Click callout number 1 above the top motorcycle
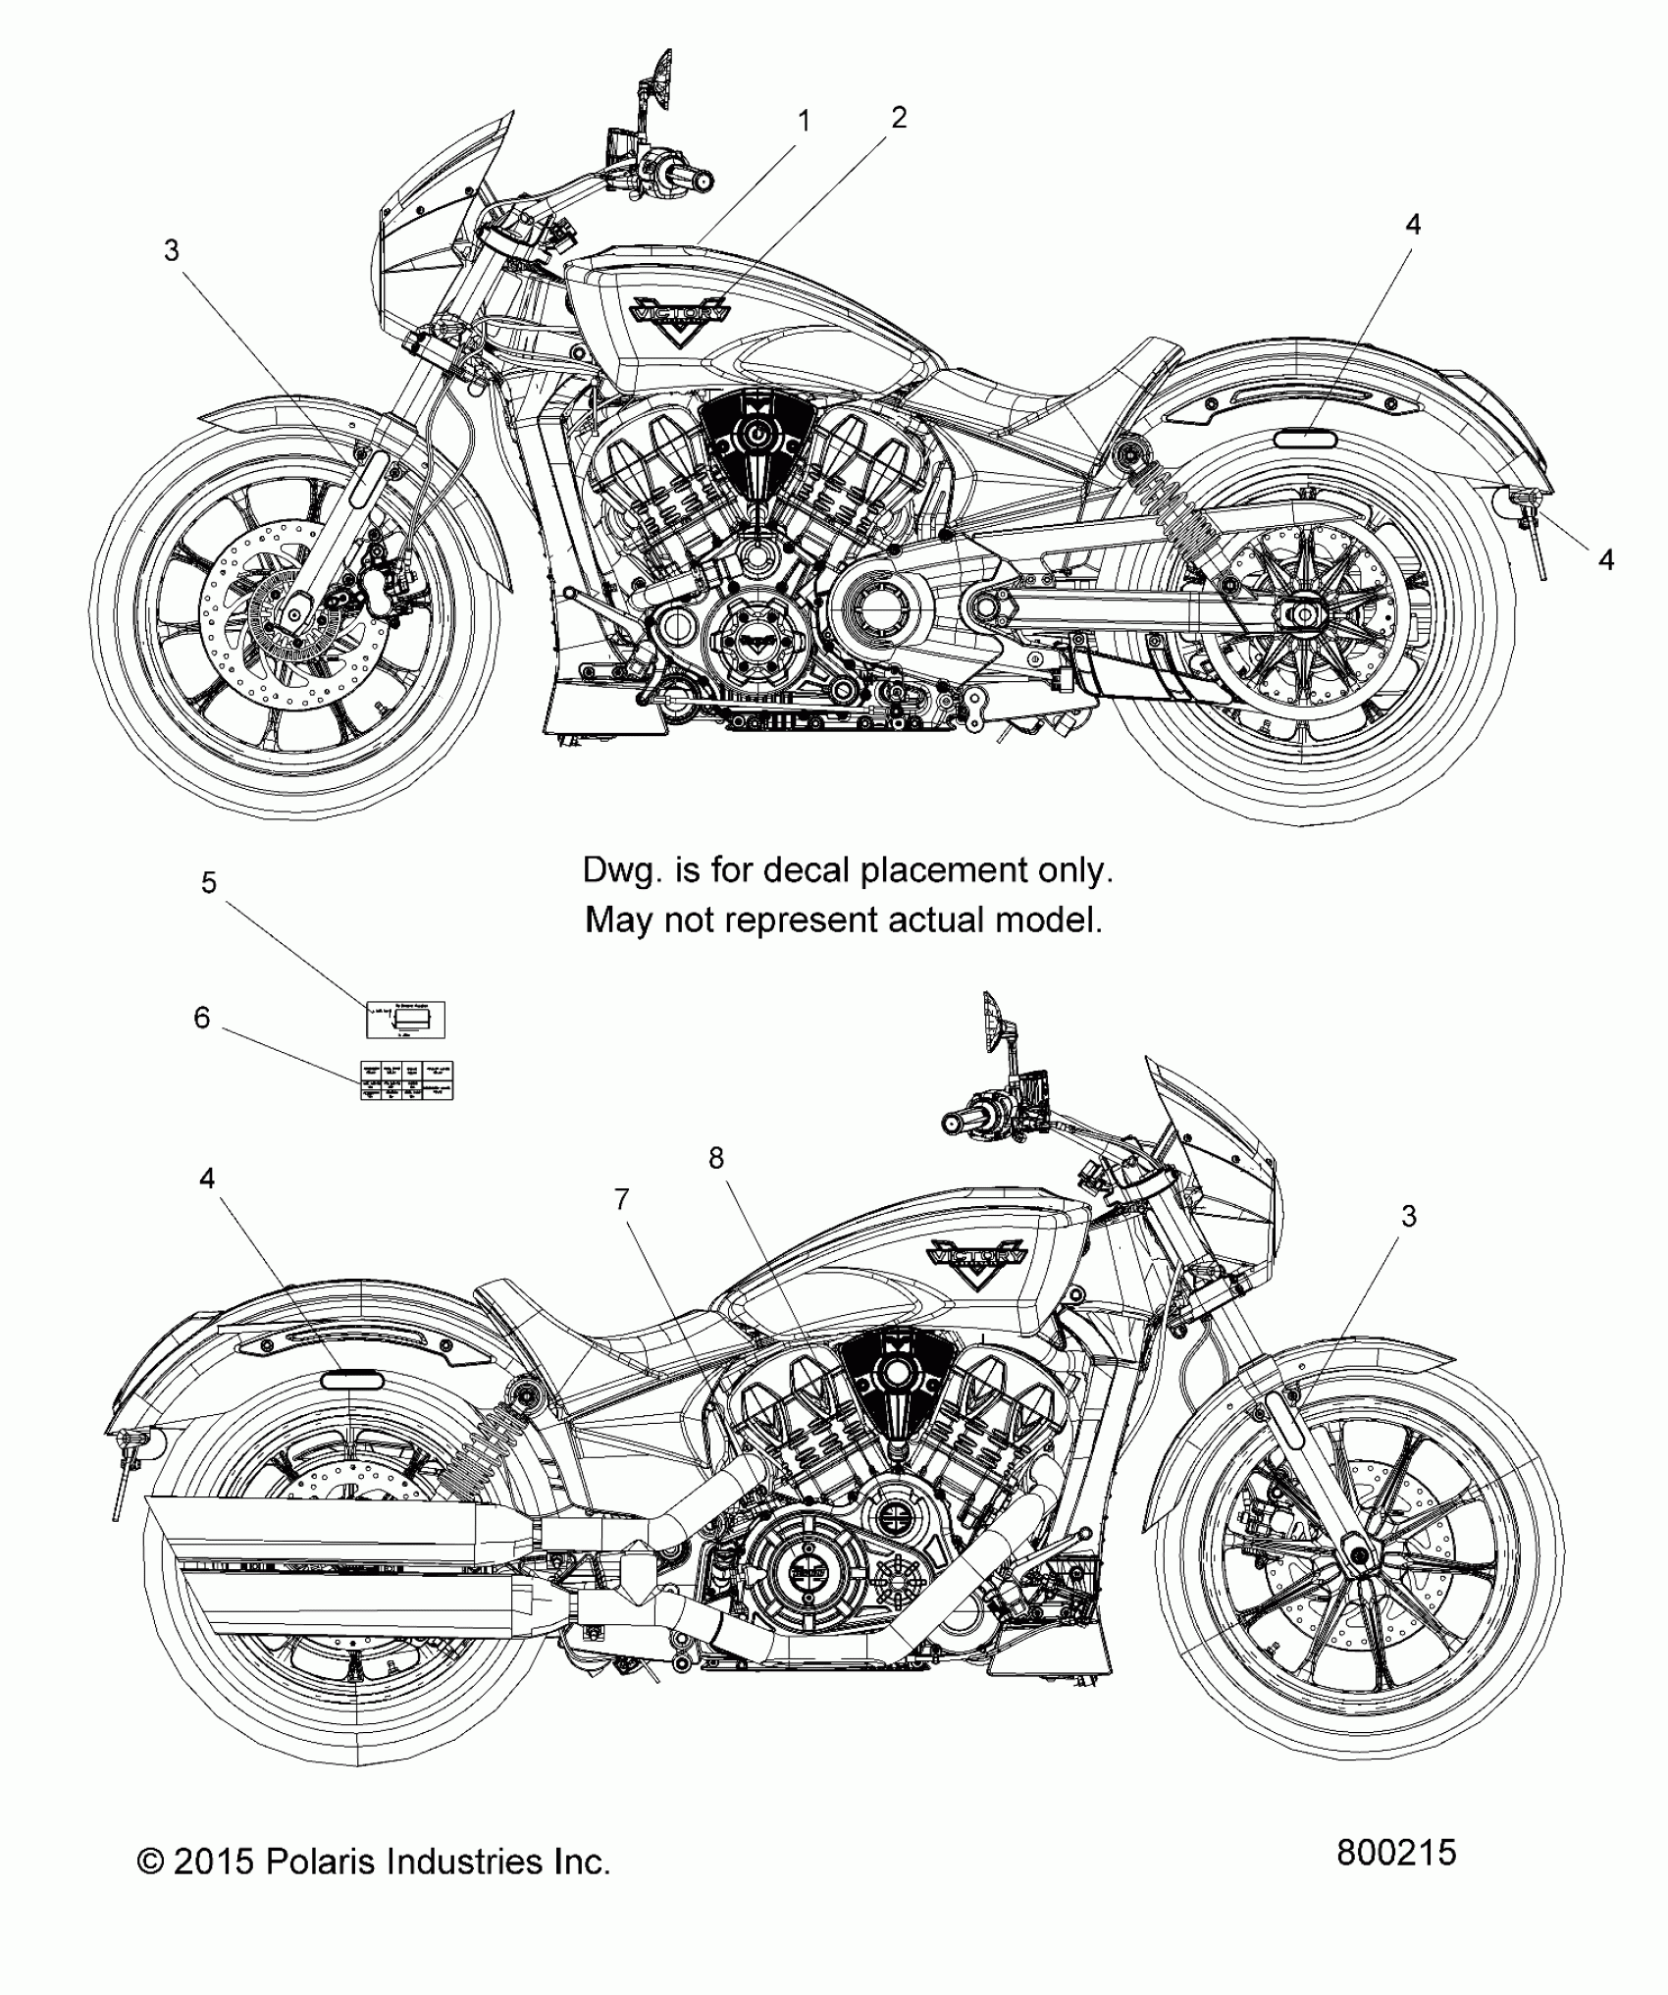(x=805, y=122)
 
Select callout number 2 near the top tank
(x=898, y=118)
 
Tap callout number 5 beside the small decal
(x=208, y=882)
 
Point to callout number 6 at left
(x=201, y=1018)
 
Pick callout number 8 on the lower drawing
(x=716, y=1158)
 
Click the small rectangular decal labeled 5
(x=405, y=1020)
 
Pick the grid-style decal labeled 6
(x=407, y=1080)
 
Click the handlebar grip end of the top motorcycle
(x=703, y=181)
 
